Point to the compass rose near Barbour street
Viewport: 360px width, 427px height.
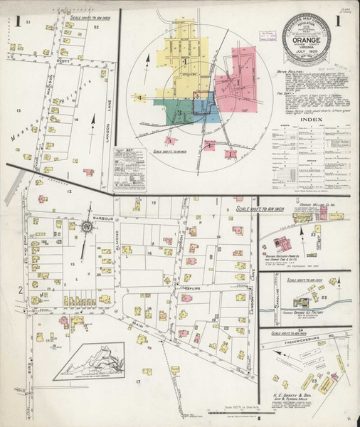click(86, 227)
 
